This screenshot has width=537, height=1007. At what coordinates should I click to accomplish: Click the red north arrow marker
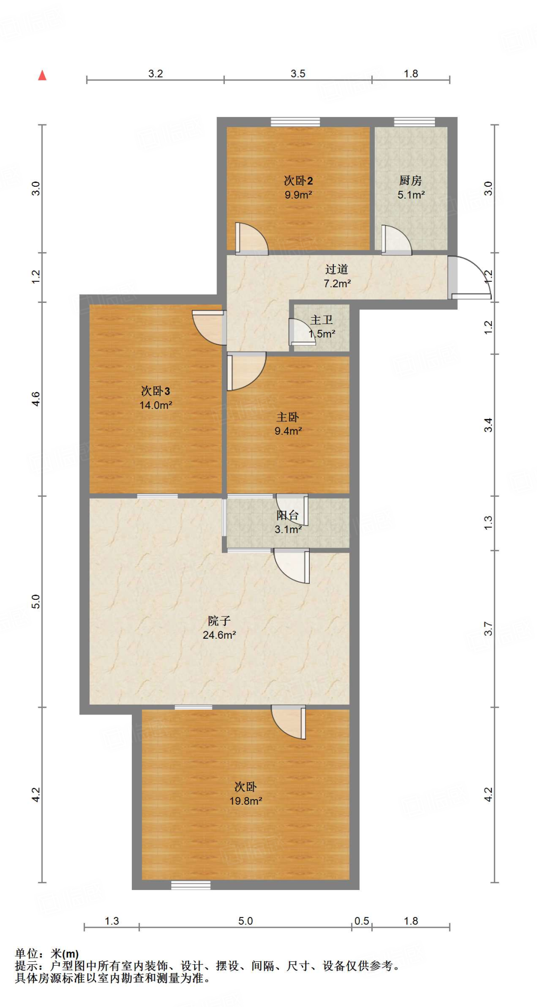[43, 75]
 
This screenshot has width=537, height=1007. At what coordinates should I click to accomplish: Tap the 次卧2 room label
[298, 187]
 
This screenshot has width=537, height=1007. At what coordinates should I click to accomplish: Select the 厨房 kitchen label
[411, 187]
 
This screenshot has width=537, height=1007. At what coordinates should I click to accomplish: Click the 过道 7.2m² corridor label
[337, 276]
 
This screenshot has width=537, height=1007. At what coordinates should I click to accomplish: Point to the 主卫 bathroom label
[322, 326]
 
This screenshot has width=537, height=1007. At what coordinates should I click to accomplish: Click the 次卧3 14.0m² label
[155, 397]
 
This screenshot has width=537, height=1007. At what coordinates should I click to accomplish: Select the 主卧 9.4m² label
[288, 423]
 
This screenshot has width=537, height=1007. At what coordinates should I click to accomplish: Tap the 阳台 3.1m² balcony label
[288, 522]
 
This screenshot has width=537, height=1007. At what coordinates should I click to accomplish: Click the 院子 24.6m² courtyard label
[219, 627]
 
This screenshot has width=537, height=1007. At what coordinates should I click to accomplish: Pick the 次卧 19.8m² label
[245, 793]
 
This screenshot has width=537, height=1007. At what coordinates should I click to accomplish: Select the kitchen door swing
[396, 241]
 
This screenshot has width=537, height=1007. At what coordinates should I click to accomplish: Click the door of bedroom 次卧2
[251, 240]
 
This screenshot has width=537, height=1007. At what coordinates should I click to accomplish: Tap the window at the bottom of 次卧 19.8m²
[191, 885]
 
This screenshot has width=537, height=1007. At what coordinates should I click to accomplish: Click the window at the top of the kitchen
[414, 122]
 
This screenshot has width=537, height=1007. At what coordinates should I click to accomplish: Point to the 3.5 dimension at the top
[298, 74]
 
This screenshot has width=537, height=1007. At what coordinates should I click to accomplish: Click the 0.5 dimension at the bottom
[361, 921]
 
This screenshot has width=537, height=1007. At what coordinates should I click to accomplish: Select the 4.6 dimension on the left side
[36, 398]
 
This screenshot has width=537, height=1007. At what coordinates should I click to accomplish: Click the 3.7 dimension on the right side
[488, 628]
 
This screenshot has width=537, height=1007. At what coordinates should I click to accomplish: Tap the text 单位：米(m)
[47, 954]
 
